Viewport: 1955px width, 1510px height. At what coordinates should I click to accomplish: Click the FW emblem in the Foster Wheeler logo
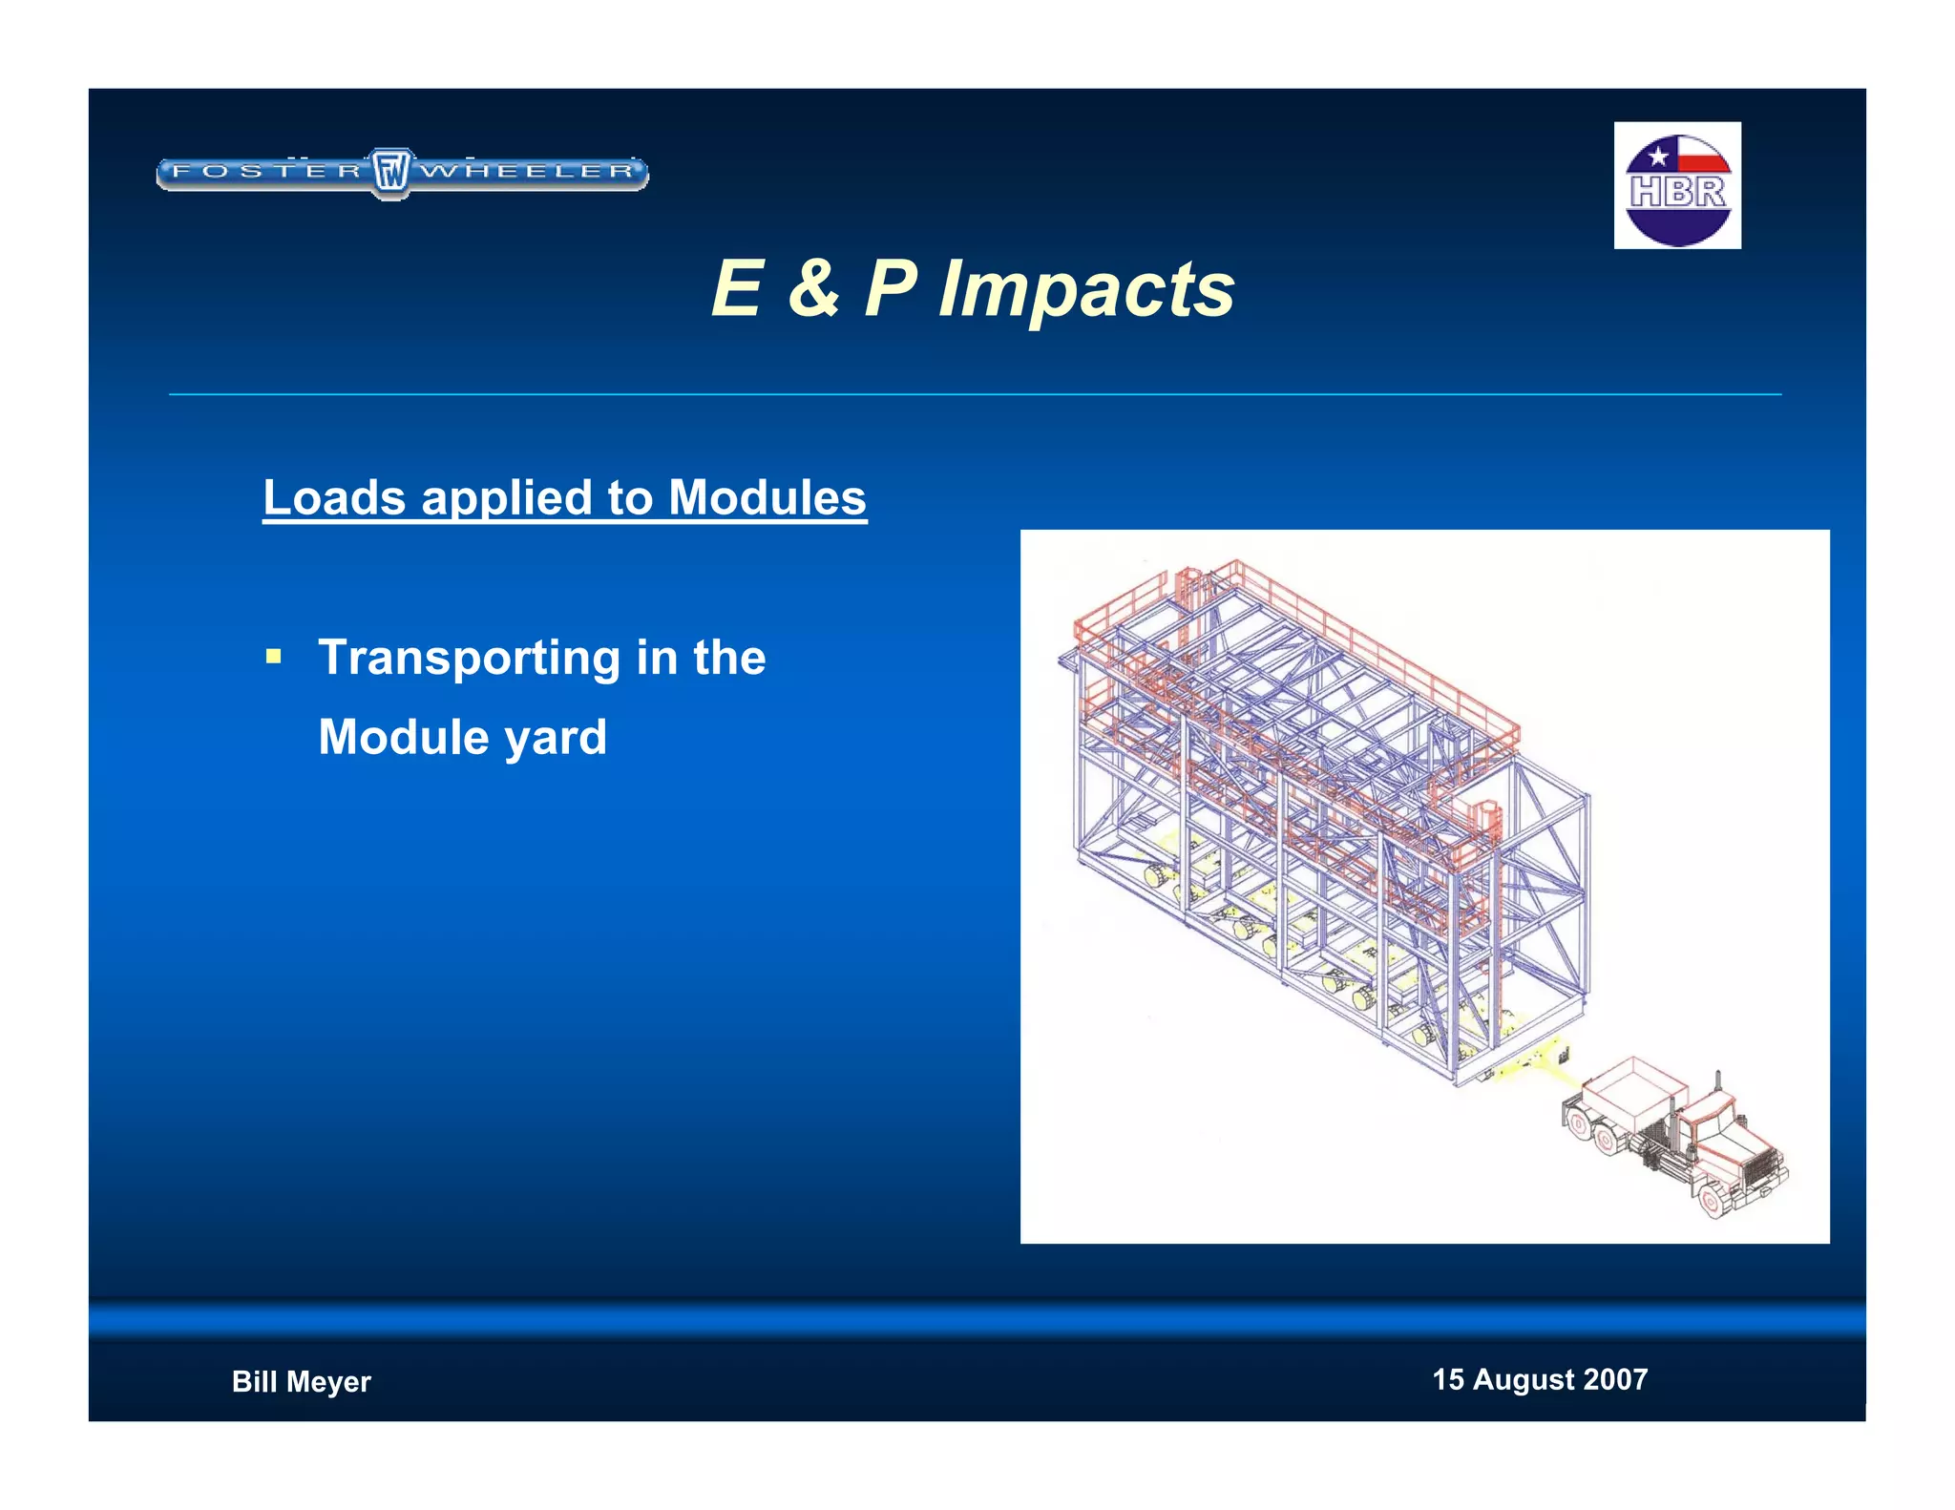coord(390,173)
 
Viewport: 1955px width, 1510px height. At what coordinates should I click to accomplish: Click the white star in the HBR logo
coord(1657,156)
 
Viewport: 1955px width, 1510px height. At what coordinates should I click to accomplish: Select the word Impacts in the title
coord(1086,289)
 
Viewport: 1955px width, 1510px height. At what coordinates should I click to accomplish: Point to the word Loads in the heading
coord(334,497)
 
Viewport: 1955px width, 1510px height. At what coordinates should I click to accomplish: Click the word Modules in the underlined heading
coord(767,497)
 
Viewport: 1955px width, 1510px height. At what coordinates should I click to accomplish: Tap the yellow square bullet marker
coord(274,657)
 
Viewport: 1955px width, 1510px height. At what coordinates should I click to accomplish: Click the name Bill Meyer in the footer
coord(301,1381)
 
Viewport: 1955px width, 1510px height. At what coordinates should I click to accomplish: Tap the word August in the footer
coord(1523,1379)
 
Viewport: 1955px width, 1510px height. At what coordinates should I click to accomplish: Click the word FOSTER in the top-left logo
coord(267,172)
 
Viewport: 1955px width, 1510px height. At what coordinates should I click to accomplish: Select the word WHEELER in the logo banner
coord(527,172)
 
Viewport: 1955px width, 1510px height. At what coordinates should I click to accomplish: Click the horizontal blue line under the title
coord(974,394)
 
